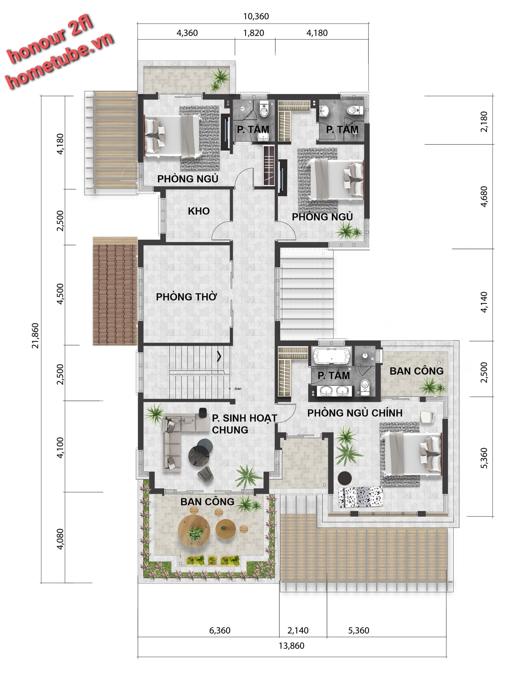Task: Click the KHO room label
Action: point(199,211)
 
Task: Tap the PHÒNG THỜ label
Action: point(187,297)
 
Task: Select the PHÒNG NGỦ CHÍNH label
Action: point(355,413)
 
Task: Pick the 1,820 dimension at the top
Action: point(253,33)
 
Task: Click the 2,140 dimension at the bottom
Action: point(298,630)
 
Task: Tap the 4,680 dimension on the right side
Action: point(484,196)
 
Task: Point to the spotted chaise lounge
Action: point(361,497)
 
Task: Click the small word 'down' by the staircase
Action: point(238,389)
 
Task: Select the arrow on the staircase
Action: point(219,356)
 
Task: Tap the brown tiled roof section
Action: point(115,291)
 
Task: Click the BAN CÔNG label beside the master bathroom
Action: point(416,371)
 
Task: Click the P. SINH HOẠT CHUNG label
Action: point(244,424)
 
